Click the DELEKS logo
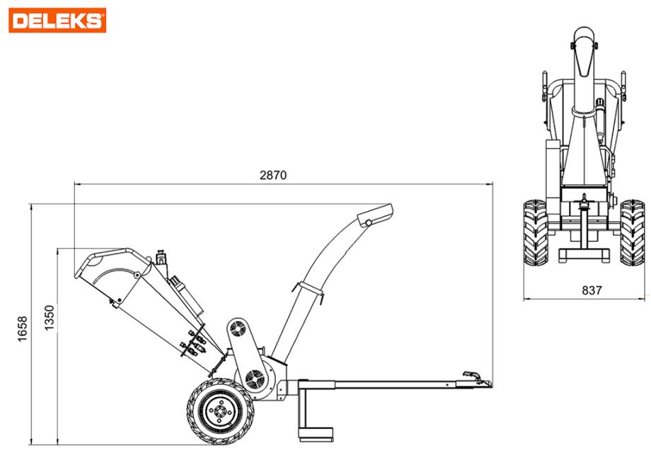[57, 20]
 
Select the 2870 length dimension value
[273, 176]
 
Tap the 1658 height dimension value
[23, 329]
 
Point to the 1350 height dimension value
[50, 318]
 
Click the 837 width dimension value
[592, 291]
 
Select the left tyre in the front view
[535, 233]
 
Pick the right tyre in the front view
[633, 233]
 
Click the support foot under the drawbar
[316, 434]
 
